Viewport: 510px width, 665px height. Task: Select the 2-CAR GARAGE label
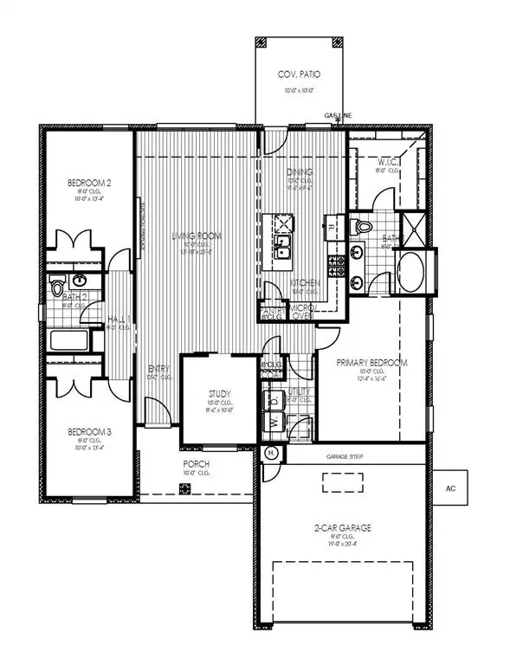tap(344, 526)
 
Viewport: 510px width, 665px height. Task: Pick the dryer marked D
tap(276, 402)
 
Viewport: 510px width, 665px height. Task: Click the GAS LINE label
tap(337, 114)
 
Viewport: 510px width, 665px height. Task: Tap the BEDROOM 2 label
tap(88, 183)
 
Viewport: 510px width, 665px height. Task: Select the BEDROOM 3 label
tap(88, 430)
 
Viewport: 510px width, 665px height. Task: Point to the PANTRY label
tap(273, 309)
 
